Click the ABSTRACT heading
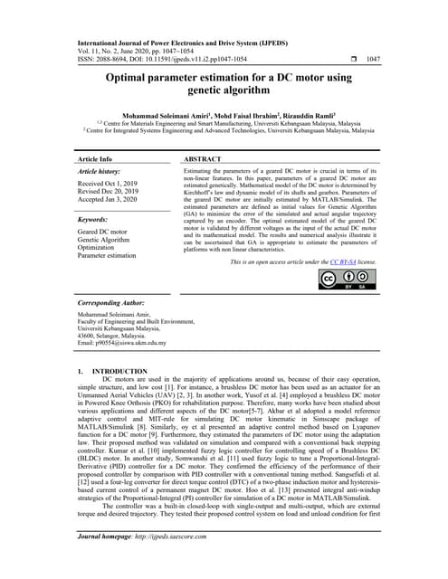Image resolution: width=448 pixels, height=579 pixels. point(202,158)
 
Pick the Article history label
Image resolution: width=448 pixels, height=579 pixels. point(100,170)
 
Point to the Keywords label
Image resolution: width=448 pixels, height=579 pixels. point(93,220)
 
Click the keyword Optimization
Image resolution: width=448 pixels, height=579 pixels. point(98,247)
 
